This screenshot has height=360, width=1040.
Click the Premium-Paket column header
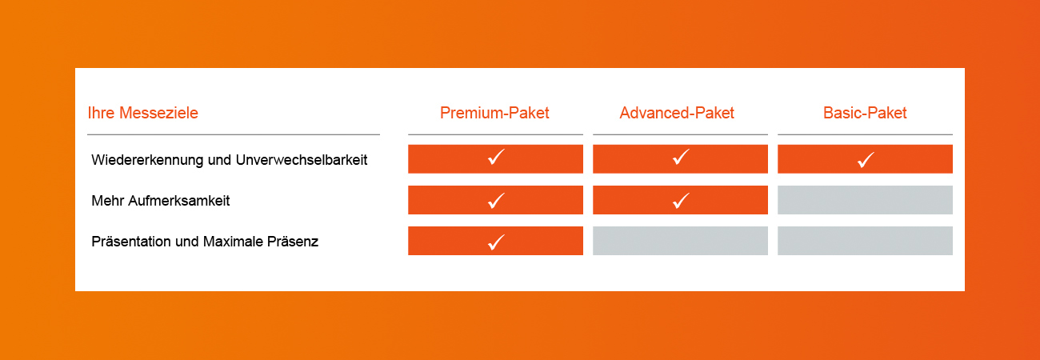coord(494,113)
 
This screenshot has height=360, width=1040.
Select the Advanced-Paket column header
coord(677,113)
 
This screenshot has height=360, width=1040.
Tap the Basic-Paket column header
coord(865,113)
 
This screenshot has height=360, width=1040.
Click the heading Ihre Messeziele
coord(143,113)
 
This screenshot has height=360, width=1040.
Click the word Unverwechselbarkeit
coord(302,160)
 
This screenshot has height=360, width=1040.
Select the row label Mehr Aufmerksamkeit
coord(161,201)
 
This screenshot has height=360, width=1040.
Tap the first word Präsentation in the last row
coord(131,242)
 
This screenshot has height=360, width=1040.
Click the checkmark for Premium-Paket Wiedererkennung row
coord(496,158)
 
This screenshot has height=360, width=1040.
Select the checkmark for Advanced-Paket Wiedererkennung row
coord(681,158)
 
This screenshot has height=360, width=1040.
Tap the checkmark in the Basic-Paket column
coord(866,160)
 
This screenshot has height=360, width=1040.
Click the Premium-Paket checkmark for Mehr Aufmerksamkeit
coord(496,201)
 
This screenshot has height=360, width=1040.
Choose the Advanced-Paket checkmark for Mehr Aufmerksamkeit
coord(681,201)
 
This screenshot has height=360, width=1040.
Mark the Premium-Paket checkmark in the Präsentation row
coord(496,242)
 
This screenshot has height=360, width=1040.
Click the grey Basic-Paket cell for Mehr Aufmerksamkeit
coord(865,200)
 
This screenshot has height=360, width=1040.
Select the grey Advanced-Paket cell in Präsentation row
coord(680,241)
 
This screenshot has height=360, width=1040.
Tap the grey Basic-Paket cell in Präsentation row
coord(865,241)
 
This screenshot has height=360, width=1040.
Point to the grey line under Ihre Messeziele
coord(234,134)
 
